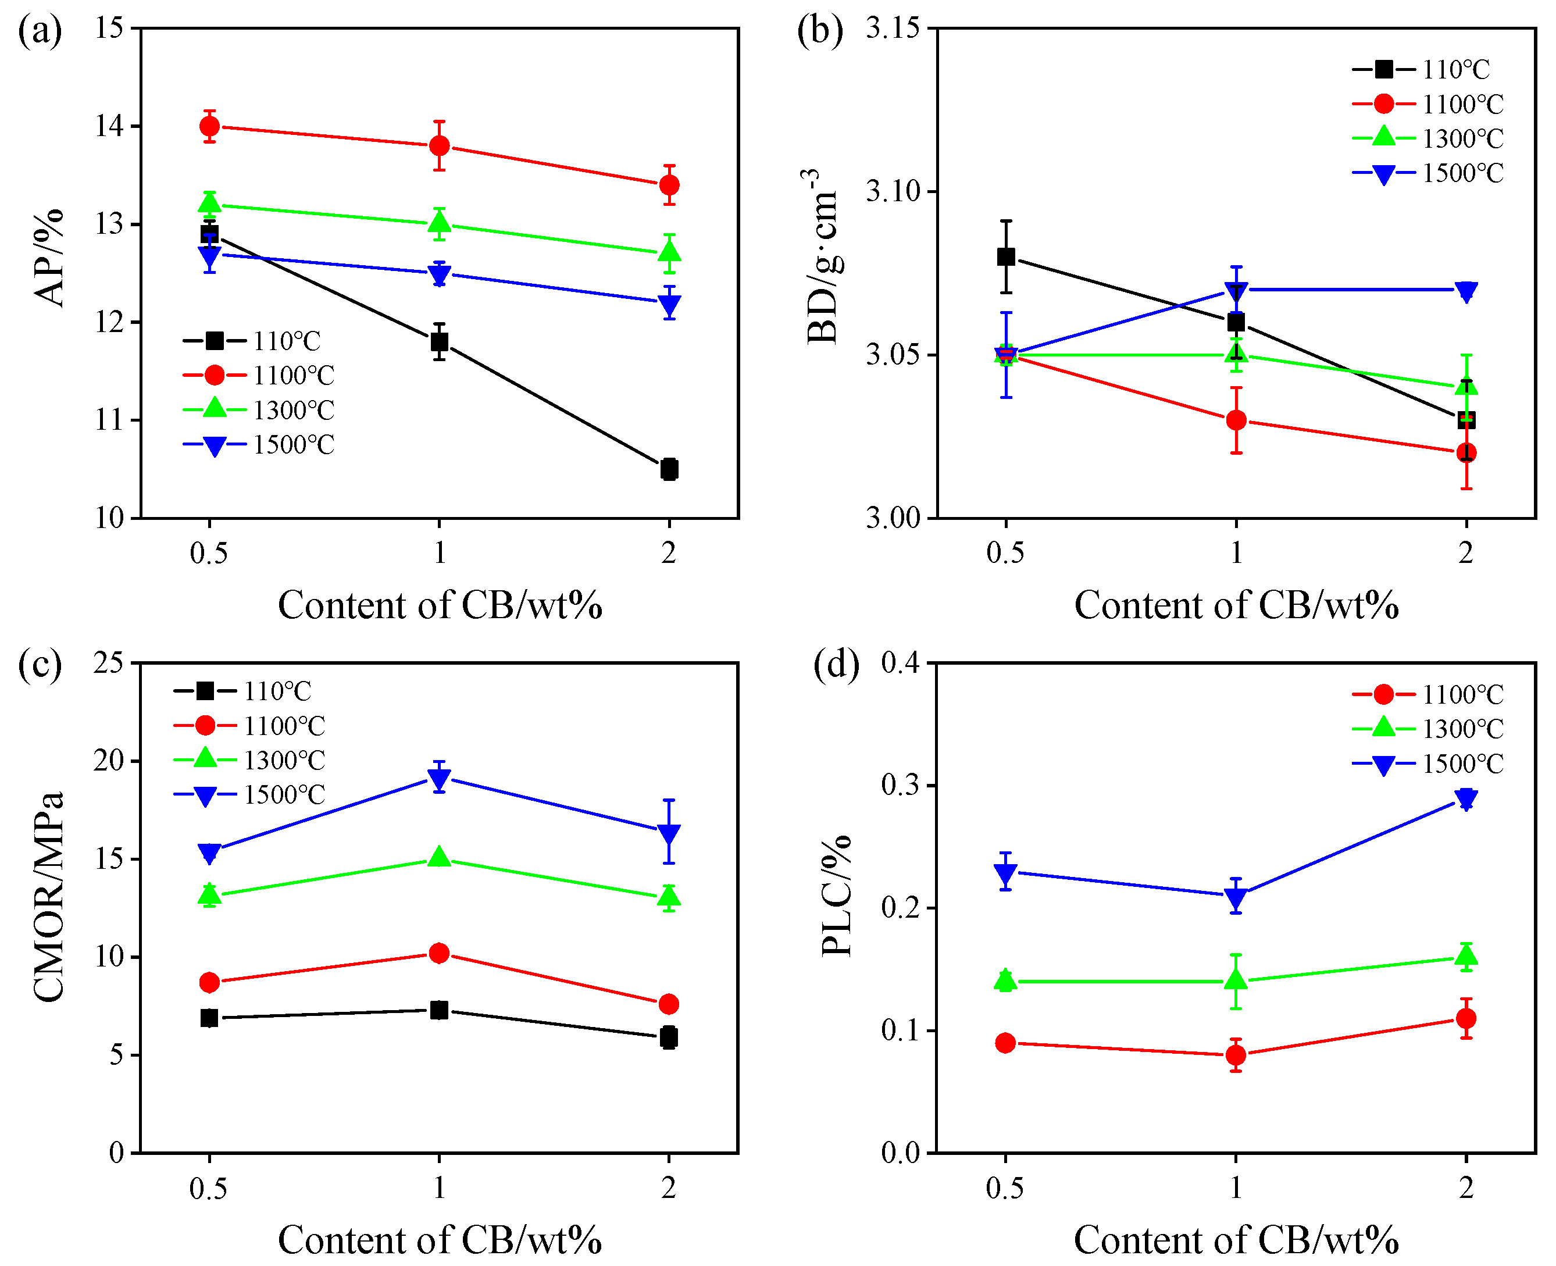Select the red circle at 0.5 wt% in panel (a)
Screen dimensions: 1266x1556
209,126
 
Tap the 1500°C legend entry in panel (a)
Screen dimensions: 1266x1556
258,444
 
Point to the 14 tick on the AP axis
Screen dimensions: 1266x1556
109,126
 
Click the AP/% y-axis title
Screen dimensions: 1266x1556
49,258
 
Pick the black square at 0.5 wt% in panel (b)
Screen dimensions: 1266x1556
1005,256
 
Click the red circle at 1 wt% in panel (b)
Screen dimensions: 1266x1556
1235,420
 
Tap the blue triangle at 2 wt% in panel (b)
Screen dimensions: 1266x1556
1466,291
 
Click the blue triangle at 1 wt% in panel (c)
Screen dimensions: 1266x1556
439,779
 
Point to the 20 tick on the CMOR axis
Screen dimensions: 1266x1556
109,761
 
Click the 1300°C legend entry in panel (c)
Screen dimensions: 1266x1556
249,760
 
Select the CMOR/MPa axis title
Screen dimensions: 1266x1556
49,897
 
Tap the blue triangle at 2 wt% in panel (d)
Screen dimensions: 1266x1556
1466,798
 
